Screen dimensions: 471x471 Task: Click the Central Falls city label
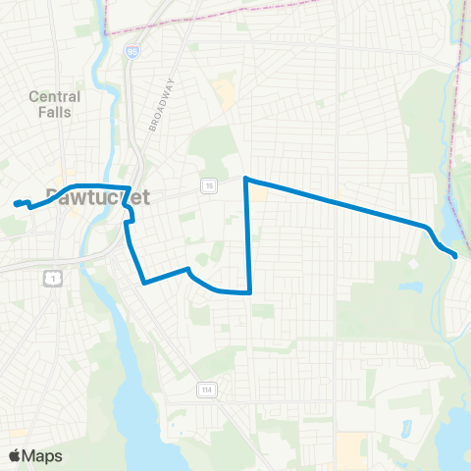click(54, 104)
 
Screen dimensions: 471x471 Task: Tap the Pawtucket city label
click(98, 195)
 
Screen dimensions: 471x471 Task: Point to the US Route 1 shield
click(51, 279)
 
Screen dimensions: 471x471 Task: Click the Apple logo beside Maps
click(15, 456)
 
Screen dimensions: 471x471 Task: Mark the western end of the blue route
click(16, 204)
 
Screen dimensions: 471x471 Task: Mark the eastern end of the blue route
click(455, 256)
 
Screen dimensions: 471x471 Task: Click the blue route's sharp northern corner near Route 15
click(245, 179)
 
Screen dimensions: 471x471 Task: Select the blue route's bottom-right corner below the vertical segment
click(250, 291)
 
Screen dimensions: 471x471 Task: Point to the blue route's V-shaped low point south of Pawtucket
click(144, 284)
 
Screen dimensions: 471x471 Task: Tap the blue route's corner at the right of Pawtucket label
click(131, 187)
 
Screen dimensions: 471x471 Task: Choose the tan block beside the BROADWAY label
click(227, 95)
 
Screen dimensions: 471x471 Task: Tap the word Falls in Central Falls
click(56, 112)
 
